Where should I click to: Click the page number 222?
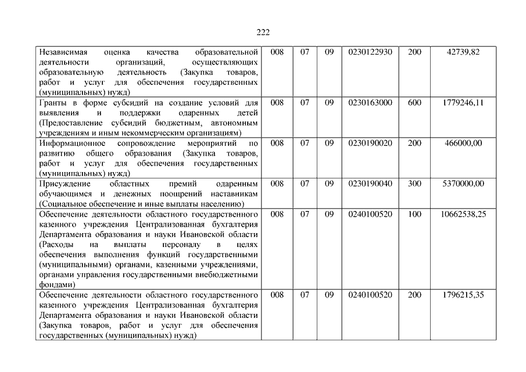point(263,33)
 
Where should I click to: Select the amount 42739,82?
point(463,52)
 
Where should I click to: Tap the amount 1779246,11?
point(463,102)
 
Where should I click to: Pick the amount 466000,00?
point(463,143)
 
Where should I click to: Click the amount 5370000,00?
point(463,184)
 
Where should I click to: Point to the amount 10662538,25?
point(463,214)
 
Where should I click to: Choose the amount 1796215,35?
point(463,295)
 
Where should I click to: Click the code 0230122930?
point(370,52)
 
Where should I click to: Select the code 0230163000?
point(370,102)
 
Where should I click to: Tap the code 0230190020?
point(370,143)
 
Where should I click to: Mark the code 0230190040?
point(370,184)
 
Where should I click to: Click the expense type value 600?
point(415,102)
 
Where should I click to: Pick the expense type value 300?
point(415,184)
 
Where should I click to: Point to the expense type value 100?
point(415,214)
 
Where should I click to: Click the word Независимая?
point(62,52)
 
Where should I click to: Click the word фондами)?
point(56,285)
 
